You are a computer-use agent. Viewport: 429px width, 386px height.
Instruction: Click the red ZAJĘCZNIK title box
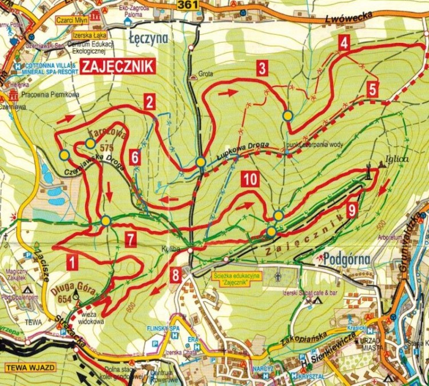118,66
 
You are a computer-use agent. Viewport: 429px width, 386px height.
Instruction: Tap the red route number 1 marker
72,262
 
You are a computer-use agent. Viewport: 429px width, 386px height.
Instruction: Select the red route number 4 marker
343,42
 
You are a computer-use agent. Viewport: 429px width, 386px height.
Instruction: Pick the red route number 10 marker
249,179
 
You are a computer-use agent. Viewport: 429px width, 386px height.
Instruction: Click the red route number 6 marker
135,157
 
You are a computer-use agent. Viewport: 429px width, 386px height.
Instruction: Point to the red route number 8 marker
177,275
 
